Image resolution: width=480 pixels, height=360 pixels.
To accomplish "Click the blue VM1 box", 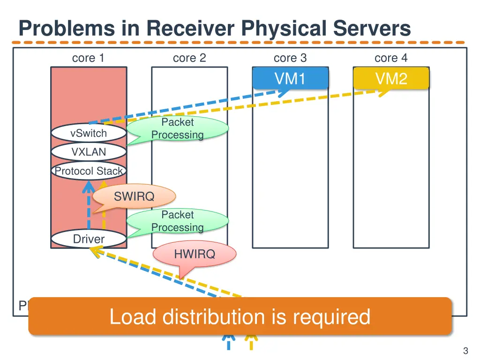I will point(290,78).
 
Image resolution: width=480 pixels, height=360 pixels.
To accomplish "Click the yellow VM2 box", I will point(391,78).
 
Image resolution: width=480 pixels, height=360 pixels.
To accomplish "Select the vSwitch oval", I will point(89,133).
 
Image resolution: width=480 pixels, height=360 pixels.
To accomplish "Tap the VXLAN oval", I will point(89,152).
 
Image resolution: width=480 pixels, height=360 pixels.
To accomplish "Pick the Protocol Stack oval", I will point(89,171).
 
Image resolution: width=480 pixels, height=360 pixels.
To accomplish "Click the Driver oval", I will point(89,239).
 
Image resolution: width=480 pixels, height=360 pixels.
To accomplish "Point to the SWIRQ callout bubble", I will point(134,196).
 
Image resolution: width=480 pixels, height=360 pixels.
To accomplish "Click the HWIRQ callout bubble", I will point(195,255).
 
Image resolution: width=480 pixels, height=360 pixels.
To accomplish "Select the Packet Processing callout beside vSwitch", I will point(178,128).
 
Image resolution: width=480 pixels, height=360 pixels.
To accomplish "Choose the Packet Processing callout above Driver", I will point(178,221).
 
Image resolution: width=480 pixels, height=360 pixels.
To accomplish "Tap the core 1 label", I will point(88,58).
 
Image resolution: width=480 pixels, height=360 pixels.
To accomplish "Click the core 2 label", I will point(189,58).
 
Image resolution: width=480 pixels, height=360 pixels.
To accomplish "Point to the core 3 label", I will point(290,58).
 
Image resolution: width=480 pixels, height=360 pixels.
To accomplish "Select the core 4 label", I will point(391,58).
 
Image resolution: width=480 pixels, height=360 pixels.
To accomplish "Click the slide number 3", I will point(465,351).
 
